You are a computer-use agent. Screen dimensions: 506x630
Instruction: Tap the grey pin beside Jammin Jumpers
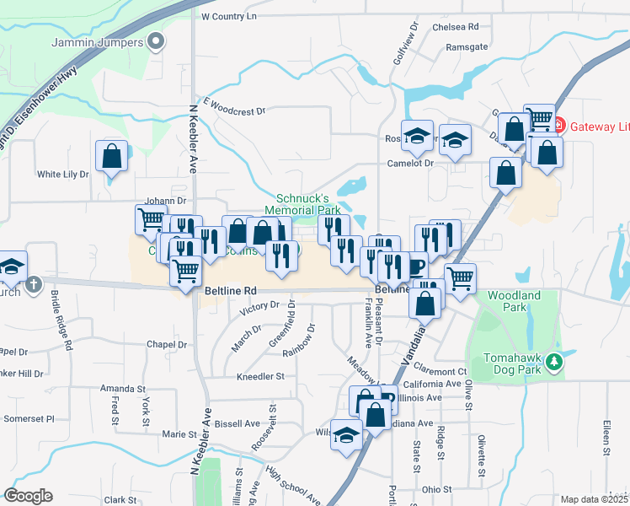point(156,40)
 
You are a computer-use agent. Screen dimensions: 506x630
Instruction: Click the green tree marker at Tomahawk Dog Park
point(554,362)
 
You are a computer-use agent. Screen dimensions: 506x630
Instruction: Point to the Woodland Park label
point(514,302)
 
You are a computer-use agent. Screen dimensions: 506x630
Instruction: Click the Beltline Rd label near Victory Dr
point(230,290)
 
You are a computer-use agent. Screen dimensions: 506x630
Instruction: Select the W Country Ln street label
point(228,16)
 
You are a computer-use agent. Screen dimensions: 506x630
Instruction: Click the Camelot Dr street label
point(410,164)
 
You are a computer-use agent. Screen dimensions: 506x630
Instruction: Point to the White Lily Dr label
point(62,175)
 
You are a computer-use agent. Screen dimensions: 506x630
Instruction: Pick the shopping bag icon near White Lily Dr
point(111,156)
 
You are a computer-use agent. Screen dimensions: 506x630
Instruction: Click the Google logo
point(28,496)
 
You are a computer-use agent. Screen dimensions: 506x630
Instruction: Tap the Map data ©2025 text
point(595,499)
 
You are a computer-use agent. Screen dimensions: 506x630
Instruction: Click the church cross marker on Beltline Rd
point(33,283)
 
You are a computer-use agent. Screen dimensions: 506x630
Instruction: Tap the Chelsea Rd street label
point(455,27)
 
